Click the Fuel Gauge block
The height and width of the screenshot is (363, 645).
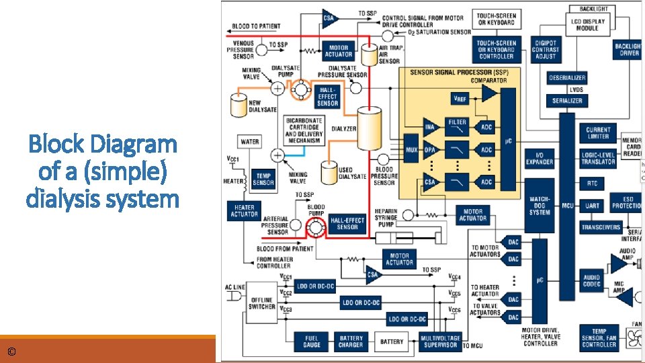(311, 341)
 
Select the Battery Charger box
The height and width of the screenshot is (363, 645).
(351, 341)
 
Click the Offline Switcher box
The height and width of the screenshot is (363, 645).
(261, 303)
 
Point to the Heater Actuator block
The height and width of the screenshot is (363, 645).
(244, 210)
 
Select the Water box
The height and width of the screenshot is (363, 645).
(250, 142)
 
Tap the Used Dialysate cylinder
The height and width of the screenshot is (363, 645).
(329, 172)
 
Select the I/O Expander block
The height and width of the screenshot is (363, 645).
(539, 159)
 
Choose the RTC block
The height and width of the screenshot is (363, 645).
(591, 183)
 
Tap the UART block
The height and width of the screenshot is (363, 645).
(593, 206)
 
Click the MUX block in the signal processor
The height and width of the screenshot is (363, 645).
(411, 149)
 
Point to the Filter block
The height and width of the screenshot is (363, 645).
(458, 124)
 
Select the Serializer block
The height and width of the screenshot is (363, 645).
(567, 100)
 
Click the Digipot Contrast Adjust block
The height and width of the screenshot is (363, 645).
(545, 49)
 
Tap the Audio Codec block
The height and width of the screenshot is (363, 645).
(592, 280)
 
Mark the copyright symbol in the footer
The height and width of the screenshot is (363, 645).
(11, 352)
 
